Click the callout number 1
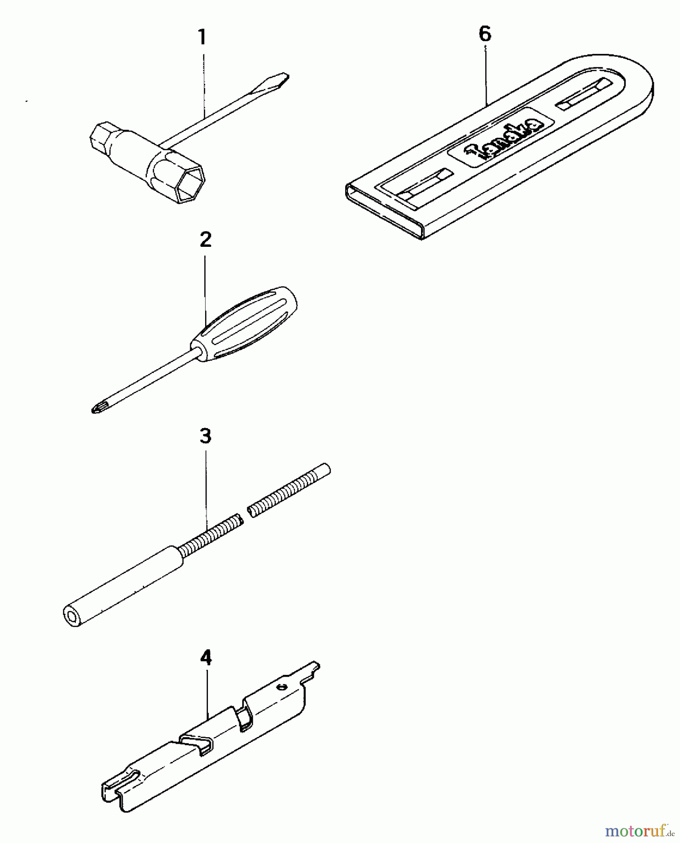pyautogui.click(x=202, y=37)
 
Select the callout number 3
pyautogui.click(x=206, y=436)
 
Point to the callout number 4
pyautogui.click(x=206, y=658)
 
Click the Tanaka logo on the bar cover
pyautogui.click(x=503, y=135)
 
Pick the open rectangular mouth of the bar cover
pyautogui.click(x=384, y=210)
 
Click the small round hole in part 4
pyautogui.click(x=281, y=687)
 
